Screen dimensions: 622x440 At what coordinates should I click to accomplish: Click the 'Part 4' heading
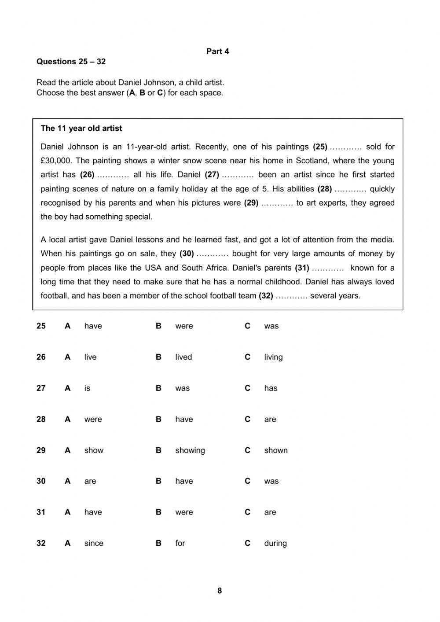click(217, 52)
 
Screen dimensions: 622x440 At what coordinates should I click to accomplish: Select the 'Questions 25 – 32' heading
click(71, 62)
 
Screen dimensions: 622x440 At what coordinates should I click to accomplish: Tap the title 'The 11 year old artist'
click(81, 129)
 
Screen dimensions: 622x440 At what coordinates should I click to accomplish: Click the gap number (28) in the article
click(325, 189)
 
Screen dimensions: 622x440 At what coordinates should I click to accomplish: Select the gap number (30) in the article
click(187, 254)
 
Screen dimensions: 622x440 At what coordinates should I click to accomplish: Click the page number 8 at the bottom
click(220, 591)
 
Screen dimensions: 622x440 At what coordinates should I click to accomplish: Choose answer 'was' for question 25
click(271, 326)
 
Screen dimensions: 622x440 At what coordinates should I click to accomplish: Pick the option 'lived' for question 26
click(183, 357)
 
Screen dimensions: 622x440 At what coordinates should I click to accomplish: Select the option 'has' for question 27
click(271, 388)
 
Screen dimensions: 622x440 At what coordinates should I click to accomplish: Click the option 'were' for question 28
click(93, 419)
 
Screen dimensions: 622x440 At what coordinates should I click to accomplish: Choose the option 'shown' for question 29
click(275, 450)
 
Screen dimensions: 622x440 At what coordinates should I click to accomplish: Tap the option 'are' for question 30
click(90, 481)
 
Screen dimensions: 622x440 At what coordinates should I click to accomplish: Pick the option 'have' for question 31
click(93, 512)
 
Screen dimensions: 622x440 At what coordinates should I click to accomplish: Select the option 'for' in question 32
click(180, 543)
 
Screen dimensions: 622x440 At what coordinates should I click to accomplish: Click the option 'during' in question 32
click(275, 543)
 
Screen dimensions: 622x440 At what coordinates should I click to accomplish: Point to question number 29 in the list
click(41, 450)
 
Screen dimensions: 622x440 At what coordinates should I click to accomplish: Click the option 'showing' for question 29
click(190, 450)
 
